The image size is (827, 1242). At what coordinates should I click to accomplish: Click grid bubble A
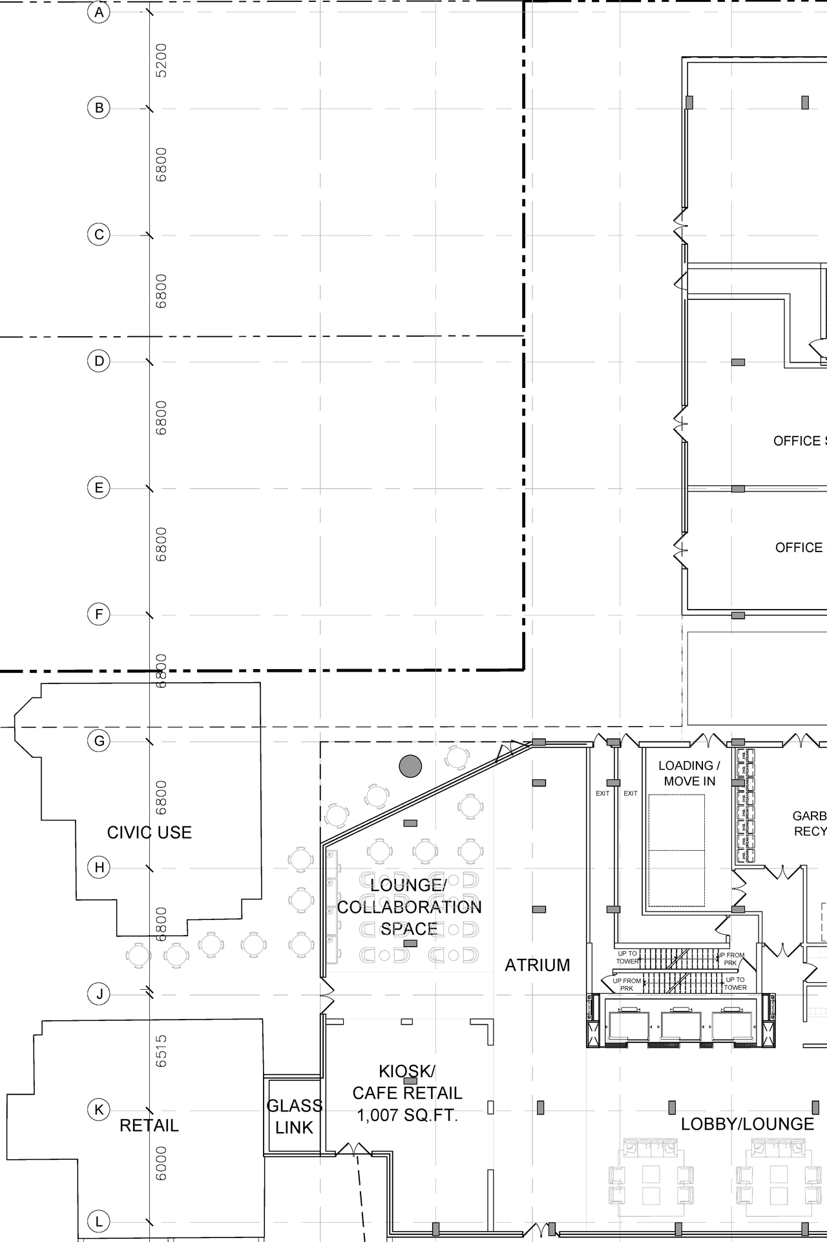tap(99, 12)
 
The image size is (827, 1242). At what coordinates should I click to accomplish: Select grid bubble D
tap(99, 361)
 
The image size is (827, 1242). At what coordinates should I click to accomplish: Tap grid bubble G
tap(99, 741)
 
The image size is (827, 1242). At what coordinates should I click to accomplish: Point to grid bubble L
tap(99, 1221)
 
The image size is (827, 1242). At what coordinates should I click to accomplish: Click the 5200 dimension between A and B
tap(162, 60)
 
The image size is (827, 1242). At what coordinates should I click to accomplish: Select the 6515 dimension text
tap(162, 1051)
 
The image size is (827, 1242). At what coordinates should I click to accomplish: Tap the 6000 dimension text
tap(162, 1163)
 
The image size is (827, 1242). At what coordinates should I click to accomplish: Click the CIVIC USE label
tap(149, 833)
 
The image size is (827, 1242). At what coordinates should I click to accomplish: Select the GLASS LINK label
tap(294, 1117)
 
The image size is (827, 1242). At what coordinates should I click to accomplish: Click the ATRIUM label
tap(537, 965)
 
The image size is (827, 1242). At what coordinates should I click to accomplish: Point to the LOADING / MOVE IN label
tap(689, 773)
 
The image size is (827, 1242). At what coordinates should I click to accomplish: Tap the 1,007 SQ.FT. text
tap(407, 1115)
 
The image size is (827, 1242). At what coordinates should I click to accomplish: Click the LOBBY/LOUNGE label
tap(747, 1124)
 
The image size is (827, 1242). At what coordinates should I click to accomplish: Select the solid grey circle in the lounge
tap(410, 766)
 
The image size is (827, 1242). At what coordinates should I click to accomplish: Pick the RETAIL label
tap(149, 1126)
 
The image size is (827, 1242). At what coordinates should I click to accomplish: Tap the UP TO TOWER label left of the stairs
tap(627, 957)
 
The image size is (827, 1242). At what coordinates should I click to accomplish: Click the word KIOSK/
tap(407, 1071)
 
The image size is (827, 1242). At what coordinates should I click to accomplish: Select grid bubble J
tap(99, 994)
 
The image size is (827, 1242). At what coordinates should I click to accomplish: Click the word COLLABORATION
tap(409, 907)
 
